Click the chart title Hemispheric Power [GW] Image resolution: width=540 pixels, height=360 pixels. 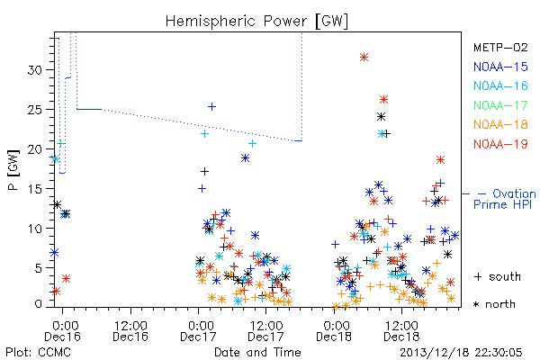point(256,22)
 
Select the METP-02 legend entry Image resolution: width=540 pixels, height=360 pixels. point(500,47)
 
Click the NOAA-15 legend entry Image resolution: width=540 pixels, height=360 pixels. point(500,67)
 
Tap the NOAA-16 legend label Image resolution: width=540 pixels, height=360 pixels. point(500,85)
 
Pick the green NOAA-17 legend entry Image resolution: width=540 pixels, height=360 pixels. point(500,105)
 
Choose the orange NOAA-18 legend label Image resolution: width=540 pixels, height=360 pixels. point(500,124)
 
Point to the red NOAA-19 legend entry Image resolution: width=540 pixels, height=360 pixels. point(500,144)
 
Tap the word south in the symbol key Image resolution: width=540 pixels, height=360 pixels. point(505,276)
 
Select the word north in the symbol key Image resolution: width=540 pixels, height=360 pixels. point(500,304)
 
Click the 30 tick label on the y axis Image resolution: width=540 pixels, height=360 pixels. point(34,70)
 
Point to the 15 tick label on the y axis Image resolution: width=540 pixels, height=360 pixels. point(34,189)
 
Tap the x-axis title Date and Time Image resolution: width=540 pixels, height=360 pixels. point(257,352)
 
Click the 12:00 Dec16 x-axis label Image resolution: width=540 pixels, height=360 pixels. point(130,331)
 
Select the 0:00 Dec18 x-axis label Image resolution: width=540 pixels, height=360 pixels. point(334,331)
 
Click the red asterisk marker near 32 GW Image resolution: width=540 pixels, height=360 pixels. point(364,58)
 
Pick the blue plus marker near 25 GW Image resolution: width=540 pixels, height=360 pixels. point(212,107)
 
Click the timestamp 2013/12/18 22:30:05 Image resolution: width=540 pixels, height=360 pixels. point(461,353)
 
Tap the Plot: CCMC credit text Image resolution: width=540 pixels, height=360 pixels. point(38,353)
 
